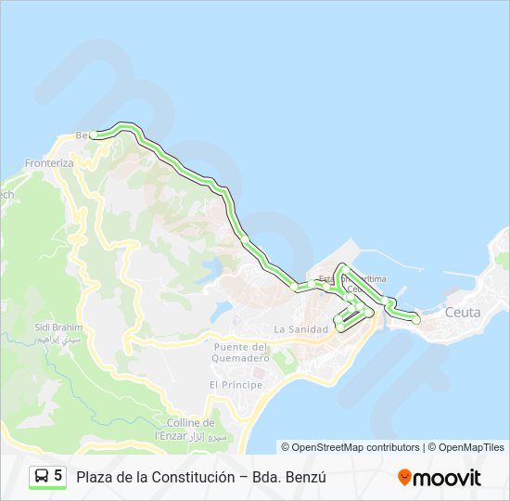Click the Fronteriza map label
(x=48, y=163)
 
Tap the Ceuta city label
(x=463, y=313)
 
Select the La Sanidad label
(x=301, y=329)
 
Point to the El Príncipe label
(x=236, y=384)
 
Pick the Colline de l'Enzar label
(x=190, y=428)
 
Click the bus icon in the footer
(x=42, y=476)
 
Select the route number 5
(x=58, y=476)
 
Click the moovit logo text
(x=447, y=478)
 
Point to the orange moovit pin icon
(x=404, y=478)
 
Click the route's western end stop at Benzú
(x=93, y=135)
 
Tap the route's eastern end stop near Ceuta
(x=416, y=319)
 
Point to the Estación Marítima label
(x=352, y=278)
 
